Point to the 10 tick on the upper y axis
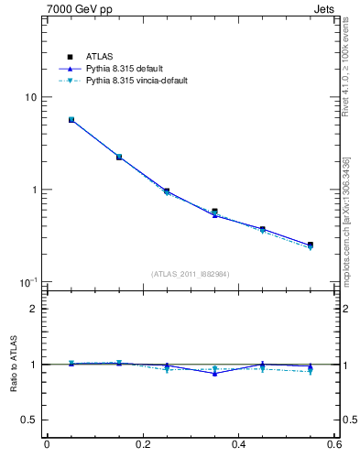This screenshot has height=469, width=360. pos(29,97)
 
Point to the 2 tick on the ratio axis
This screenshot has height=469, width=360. pos(33,309)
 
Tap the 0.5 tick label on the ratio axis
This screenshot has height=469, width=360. pos(29,420)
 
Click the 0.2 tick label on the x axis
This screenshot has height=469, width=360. pos(142,446)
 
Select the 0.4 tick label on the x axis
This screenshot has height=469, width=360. pos(238,446)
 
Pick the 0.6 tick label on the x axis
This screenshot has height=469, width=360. pos(333,446)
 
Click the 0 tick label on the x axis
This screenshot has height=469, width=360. pos(47,446)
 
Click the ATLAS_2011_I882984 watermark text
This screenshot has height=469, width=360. pos(191,274)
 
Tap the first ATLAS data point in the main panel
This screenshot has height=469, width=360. pos(71,120)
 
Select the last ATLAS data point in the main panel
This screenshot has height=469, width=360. pos(311,245)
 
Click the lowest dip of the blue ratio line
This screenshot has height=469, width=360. pos(214,374)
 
